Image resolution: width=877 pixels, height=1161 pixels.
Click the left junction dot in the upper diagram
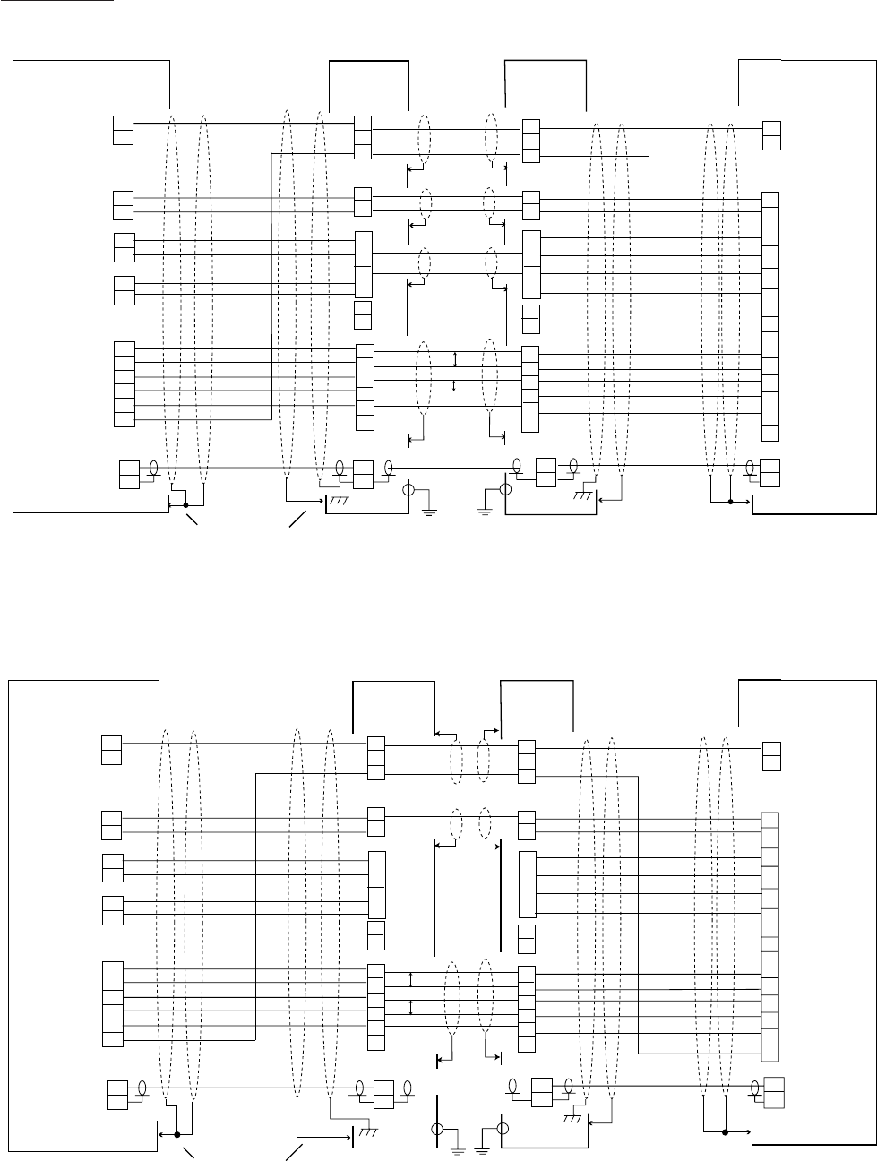point(185,506)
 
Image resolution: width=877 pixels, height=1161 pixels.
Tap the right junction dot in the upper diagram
point(730,502)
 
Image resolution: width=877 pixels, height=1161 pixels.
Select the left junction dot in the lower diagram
point(177,1133)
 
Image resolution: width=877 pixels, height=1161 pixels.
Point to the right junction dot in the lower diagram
point(724,1131)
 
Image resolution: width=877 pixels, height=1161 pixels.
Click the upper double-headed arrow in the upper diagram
point(455,360)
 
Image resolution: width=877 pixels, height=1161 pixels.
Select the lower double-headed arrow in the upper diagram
point(455,385)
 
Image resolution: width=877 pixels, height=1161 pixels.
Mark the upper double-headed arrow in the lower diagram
point(410,980)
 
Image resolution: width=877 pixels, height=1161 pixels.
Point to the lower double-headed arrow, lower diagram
point(410,1007)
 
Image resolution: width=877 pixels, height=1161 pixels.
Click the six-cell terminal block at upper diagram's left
point(125,383)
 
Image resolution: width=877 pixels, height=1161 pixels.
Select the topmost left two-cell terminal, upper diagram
point(123,130)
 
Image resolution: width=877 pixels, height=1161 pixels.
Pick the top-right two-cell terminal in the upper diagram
point(770,134)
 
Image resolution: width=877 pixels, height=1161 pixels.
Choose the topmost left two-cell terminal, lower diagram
point(111,749)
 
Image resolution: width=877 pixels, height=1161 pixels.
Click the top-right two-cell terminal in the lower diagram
point(770,756)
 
